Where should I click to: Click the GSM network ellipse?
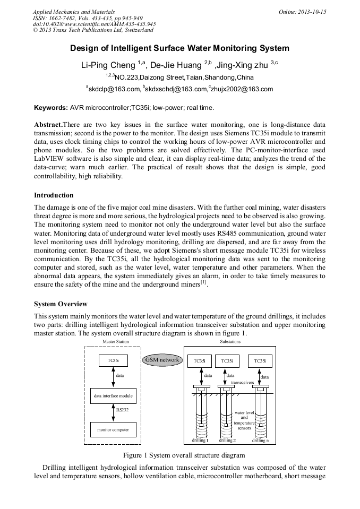pyautogui.click(x=162, y=360)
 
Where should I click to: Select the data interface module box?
pyautogui.click(x=113, y=396)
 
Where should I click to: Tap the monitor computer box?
pyautogui.click(x=113, y=428)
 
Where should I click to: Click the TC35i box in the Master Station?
pyautogui.click(x=113, y=361)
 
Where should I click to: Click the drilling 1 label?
pyautogui.click(x=200, y=441)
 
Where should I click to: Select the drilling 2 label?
pyautogui.click(x=227, y=441)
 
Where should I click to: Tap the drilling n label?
pyautogui.click(x=260, y=441)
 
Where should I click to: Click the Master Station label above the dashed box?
pyautogui.click(x=115, y=342)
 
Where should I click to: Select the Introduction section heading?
pyautogui.click(x=54, y=195)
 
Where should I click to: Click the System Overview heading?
pyautogui.click(x=61, y=304)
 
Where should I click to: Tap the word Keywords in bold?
pyautogui.click(x=51, y=108)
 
